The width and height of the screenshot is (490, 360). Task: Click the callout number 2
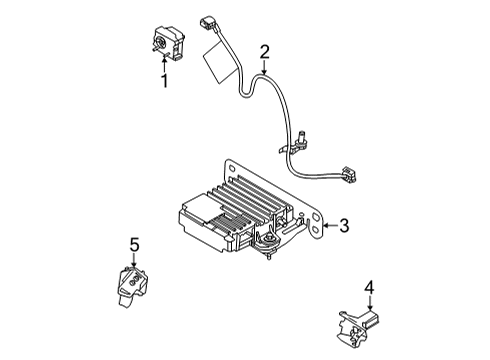[x=264, y=52]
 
